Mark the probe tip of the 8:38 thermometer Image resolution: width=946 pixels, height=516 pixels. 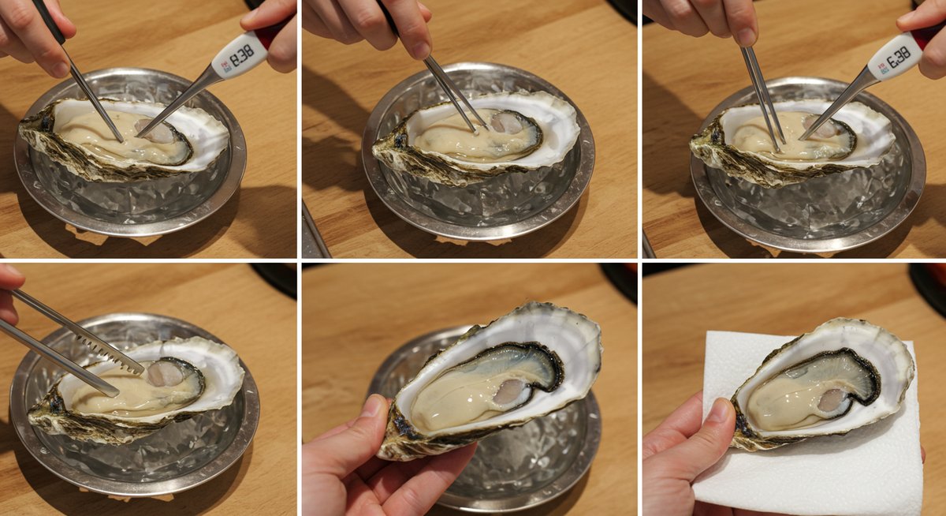140,135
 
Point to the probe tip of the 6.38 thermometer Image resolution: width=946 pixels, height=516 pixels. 801,138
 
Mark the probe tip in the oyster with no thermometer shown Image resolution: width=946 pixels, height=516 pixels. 476,132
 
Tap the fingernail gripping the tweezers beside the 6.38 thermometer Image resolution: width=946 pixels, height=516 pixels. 747,37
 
